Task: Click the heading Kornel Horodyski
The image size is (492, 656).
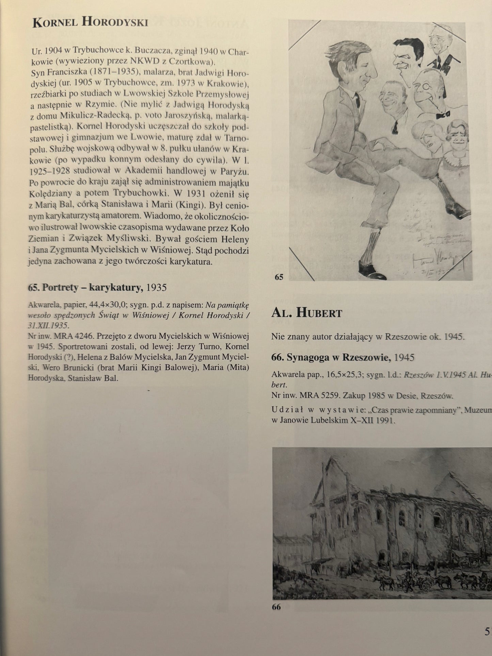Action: (90, 22)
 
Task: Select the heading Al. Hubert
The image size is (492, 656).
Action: (306, 313)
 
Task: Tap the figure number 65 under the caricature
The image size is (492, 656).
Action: (279, 277)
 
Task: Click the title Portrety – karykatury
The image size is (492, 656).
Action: (85, 288)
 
